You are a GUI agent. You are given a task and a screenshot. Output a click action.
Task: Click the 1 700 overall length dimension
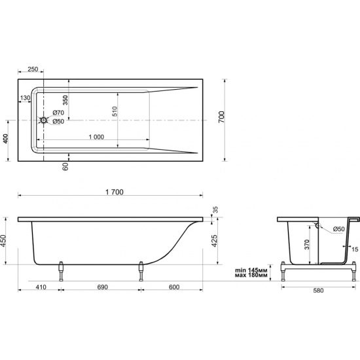click(115, 192)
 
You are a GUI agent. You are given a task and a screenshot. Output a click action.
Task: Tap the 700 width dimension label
click(221, 117)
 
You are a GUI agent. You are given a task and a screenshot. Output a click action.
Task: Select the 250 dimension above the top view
click(33, 69)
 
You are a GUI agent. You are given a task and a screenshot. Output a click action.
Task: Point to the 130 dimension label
click(25, 98)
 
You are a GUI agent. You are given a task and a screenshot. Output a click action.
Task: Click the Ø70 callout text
click(58, 113)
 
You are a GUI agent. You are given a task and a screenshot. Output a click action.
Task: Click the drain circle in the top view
click(43, 120)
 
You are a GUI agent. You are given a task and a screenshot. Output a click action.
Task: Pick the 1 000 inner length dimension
click(96, 137)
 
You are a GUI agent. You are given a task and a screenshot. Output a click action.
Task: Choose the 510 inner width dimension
click(115, 111)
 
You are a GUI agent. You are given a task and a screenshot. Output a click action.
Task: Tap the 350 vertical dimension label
click(65, 100)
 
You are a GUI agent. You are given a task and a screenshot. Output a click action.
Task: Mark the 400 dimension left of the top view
click(5, 138)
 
